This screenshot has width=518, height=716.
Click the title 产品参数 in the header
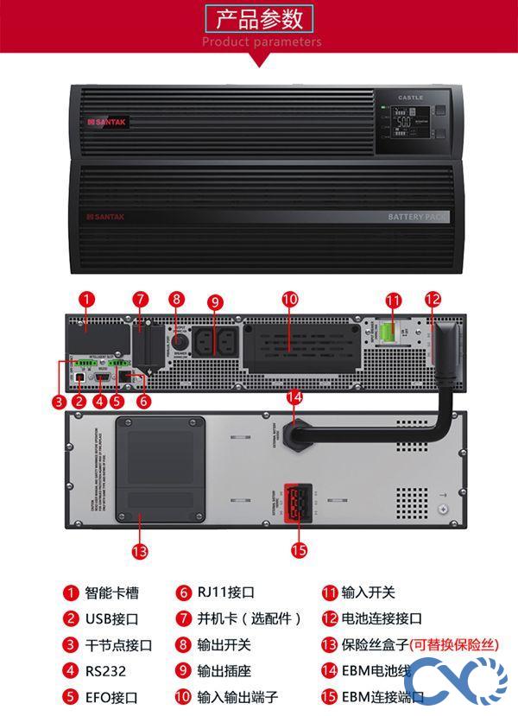click(260, 18)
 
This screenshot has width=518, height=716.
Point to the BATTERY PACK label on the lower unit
click(418, 217)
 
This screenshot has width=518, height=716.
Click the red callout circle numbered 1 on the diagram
click(85, 300)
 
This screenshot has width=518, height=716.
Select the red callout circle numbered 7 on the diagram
click(141, 300)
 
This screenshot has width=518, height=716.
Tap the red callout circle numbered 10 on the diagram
click(289, 300)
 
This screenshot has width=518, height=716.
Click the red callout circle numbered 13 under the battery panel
click(140, 550)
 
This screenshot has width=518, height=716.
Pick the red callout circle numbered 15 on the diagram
click(299, 550)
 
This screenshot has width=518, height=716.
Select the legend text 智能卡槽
click(111, 593)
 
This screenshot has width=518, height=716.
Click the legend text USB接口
click(111, 619)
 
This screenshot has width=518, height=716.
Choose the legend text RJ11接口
click(225, 593)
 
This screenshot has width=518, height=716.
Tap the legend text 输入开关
click(368, 593)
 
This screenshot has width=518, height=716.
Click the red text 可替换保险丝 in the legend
click(453, 645)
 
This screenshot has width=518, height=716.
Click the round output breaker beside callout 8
click(179, 339)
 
